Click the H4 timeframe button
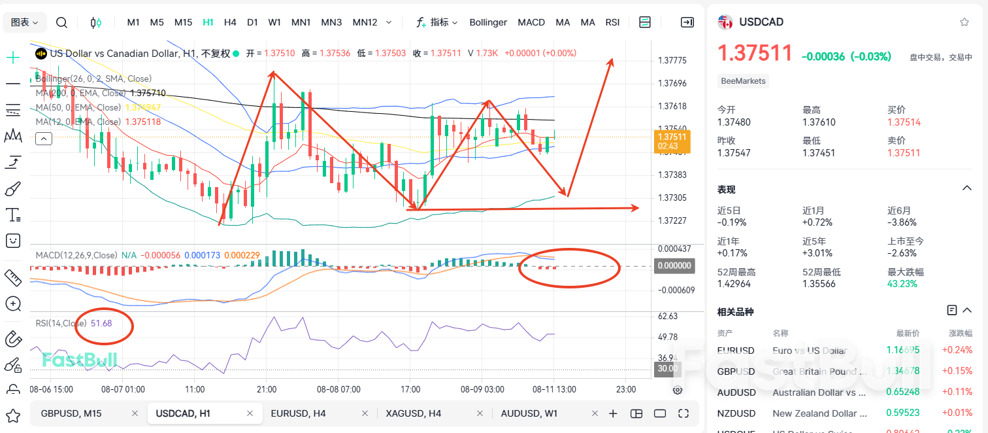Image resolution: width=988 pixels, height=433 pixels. [x=230, y=22]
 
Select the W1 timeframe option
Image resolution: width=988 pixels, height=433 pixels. [x=274, y=22]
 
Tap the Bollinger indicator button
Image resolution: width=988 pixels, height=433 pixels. [x=488, y=22]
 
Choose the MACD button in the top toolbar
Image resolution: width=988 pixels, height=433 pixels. [x=531, y=22]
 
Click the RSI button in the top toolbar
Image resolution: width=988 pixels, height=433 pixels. [x=612, y=22]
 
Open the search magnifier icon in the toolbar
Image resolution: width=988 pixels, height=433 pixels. [x=61, y=22]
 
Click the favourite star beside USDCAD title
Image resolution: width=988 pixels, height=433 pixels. [x=964, y=22]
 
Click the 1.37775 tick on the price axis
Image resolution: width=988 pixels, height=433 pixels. [x=672, y=61]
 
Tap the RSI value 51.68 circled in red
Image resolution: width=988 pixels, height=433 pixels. [x=101, y=323]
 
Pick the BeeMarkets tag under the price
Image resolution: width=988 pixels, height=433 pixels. [x=743, y=81]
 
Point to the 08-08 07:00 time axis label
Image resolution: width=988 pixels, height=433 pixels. [x=338, y=389]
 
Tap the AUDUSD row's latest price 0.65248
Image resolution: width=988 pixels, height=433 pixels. [x=902, y=392]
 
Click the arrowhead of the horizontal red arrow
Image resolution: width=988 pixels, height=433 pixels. [x=636, y=208]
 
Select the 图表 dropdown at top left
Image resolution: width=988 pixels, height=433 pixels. [x=25, y=22]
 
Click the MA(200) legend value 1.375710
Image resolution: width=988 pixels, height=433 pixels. [x=148, y=93]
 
